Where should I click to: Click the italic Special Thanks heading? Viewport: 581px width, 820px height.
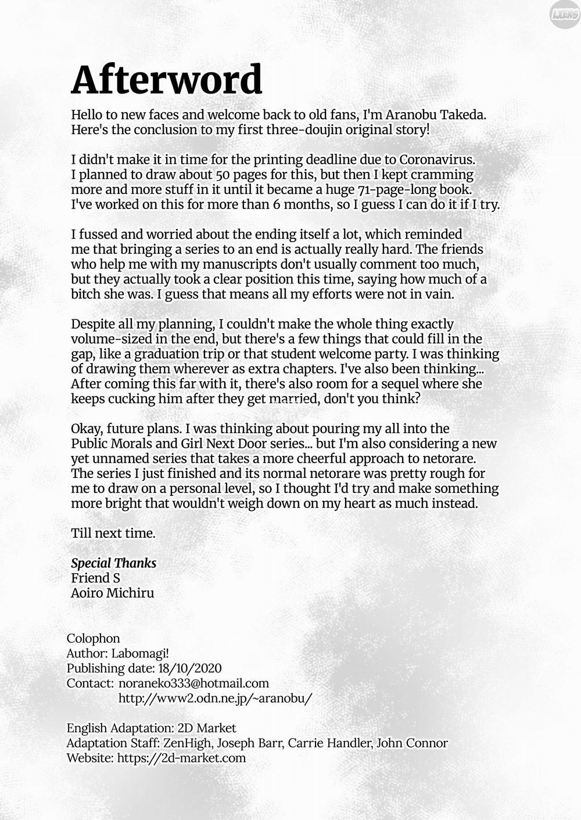click(x=113, y=563)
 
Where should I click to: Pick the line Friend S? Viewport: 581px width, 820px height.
click(x=95, y=578)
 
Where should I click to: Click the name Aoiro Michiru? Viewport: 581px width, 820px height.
click(x=112, y=593)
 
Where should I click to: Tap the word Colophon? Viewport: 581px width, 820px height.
click(x=93, y=638)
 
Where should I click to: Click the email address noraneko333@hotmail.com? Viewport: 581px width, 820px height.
click(x=193, y=684)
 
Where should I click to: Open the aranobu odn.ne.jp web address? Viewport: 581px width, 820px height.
click(x=215, y=698)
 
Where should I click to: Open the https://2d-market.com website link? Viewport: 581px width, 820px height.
click(x=181, y=758)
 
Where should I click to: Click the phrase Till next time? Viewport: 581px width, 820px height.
click(x=113, y=533)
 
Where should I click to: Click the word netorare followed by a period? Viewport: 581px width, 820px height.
click(x=450, y=458)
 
